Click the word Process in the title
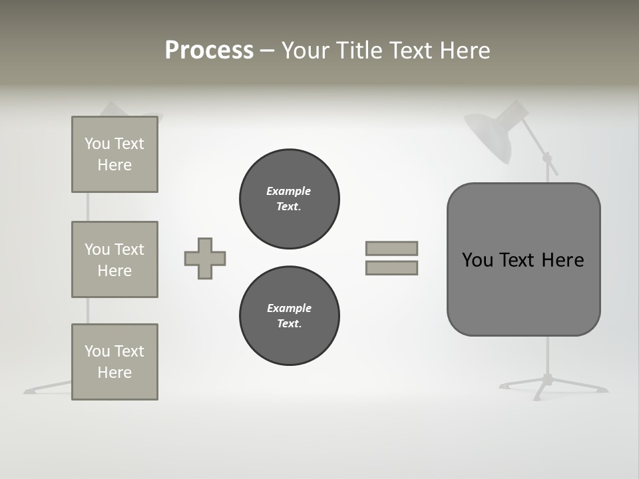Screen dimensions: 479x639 pyautogui.click(x=209, y=51)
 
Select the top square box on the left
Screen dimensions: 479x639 pyautogui.click(x=114, y=154)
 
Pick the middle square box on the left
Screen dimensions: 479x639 pyautogui.click(x=114, y=259)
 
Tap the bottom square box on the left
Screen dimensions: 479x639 pyautogui.click(x=114, y=362)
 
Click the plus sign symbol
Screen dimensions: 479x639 pyautogui.click(x=205, y=258)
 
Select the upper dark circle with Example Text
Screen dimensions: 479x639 pyautogui.click(x=289, y=199)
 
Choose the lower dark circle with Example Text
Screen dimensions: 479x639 pyautogui.click(x=289, y=316)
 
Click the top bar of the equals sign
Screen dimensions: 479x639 pyautogui.click(x=391, y=248)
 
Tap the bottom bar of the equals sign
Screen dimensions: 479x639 pyautogui.click(x=391, y=267)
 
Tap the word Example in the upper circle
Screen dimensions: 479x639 pyautogui.click(x=289, y=191)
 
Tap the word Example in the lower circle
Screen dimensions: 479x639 pyautogui.click(x=289, y=308)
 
